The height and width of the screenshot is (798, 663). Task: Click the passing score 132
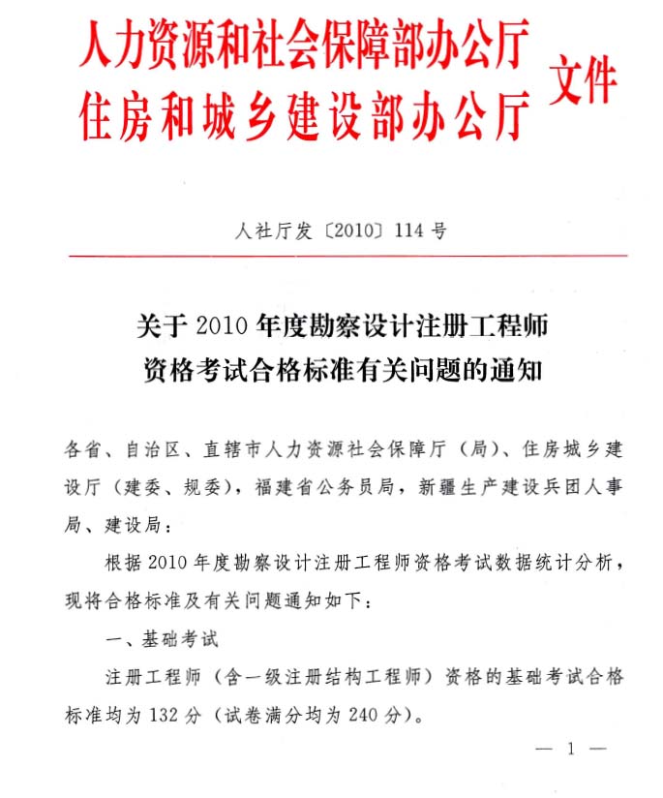pos(165,716)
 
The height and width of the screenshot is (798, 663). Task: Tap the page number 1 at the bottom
pos(571,748)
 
